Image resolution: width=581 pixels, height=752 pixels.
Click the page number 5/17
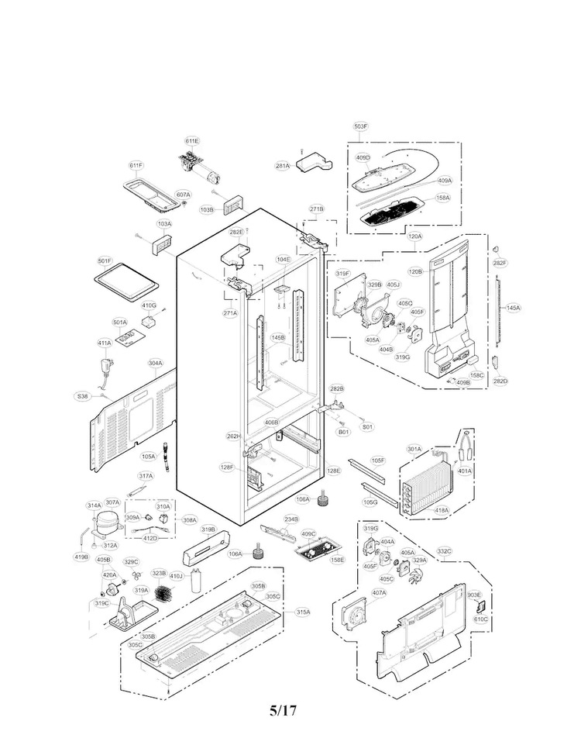click(283, 710)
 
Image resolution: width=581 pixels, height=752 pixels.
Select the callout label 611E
click(192, 141)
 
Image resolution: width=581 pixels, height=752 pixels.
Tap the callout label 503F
click(361, 126)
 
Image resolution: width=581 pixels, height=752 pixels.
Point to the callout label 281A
click(283, 166)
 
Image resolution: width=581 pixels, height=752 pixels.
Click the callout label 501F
click(105, 261)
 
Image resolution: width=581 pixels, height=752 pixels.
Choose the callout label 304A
click(155, 363)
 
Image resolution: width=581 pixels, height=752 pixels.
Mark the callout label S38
click(83, 396)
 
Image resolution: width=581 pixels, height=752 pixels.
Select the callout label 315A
click(302, 612)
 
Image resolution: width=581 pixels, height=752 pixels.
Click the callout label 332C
click(444, 551)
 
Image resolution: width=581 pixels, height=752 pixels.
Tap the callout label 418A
click(442, 509)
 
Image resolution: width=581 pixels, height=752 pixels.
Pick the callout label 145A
click(513, 308)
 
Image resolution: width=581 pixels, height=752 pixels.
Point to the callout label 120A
click(415, 236)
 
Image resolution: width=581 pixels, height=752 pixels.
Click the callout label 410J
click(176, 576)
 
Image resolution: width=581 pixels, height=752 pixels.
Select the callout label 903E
click(475, 594)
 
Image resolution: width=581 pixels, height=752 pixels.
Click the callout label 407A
click(379, 593)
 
